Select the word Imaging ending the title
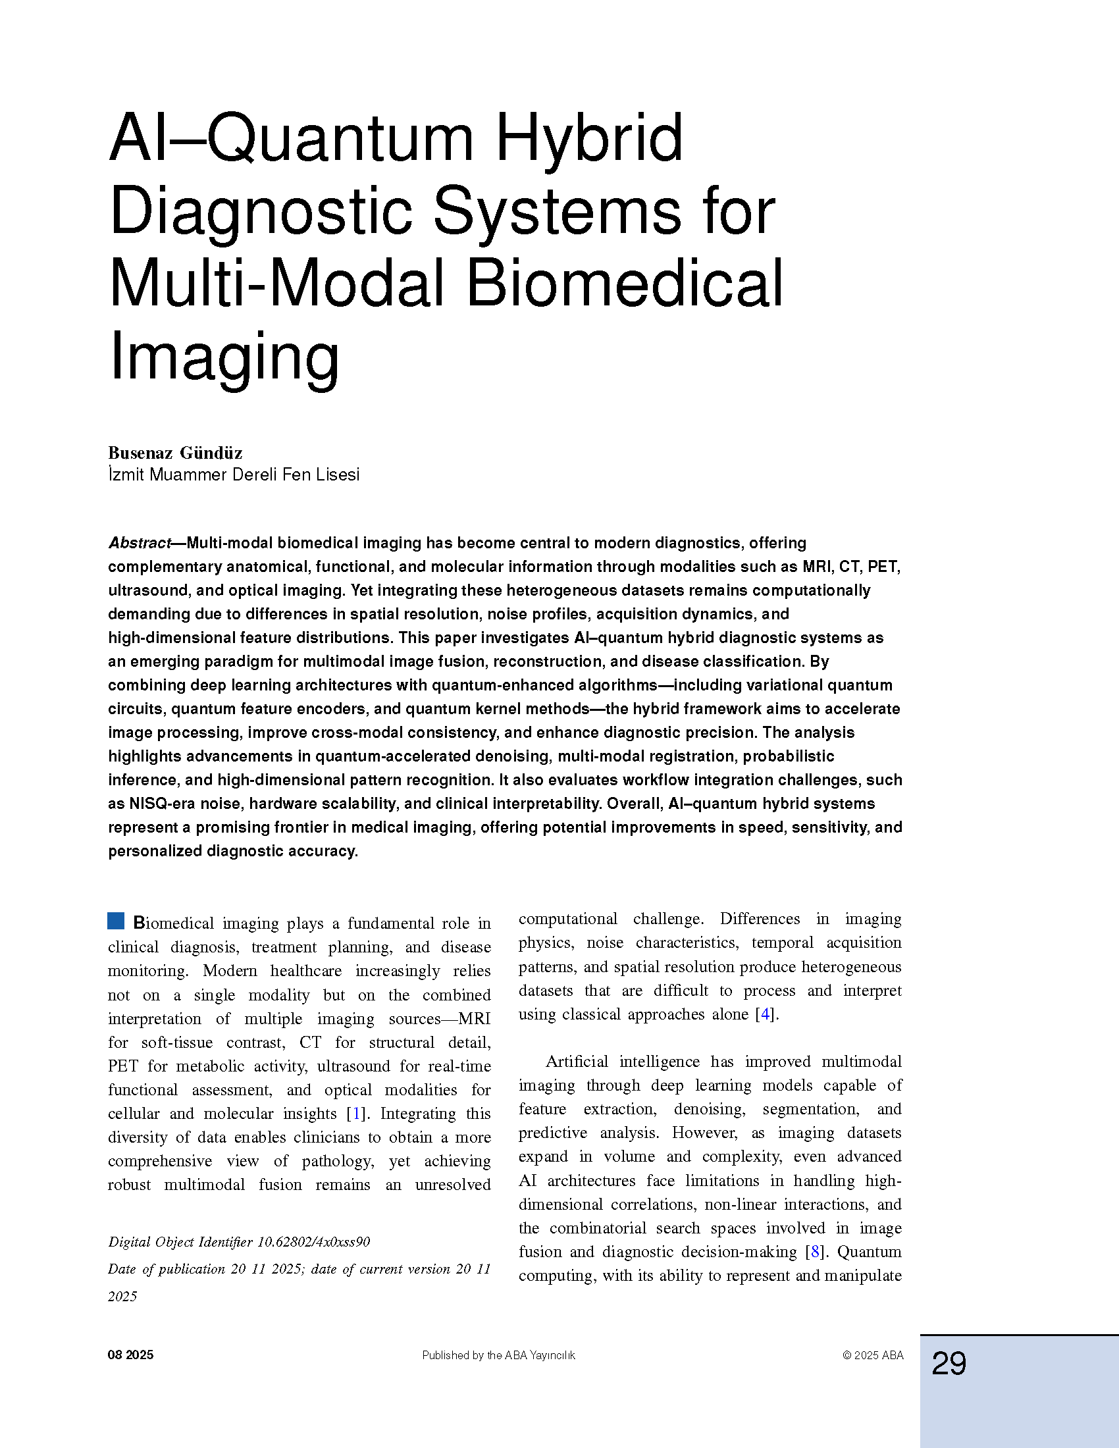pos(224,358)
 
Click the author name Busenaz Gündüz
pos(175,453)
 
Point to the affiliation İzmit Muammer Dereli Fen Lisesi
pos(234,475)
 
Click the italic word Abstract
pos(139,543)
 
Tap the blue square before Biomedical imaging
pos(116,921)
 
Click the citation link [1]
pos(357,1113)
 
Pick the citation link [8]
pos(815,1252)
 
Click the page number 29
pos(949,1364)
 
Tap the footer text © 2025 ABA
pos(872,1355)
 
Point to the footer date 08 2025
pos(130,1355)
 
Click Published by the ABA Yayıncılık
pos(498,1355)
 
